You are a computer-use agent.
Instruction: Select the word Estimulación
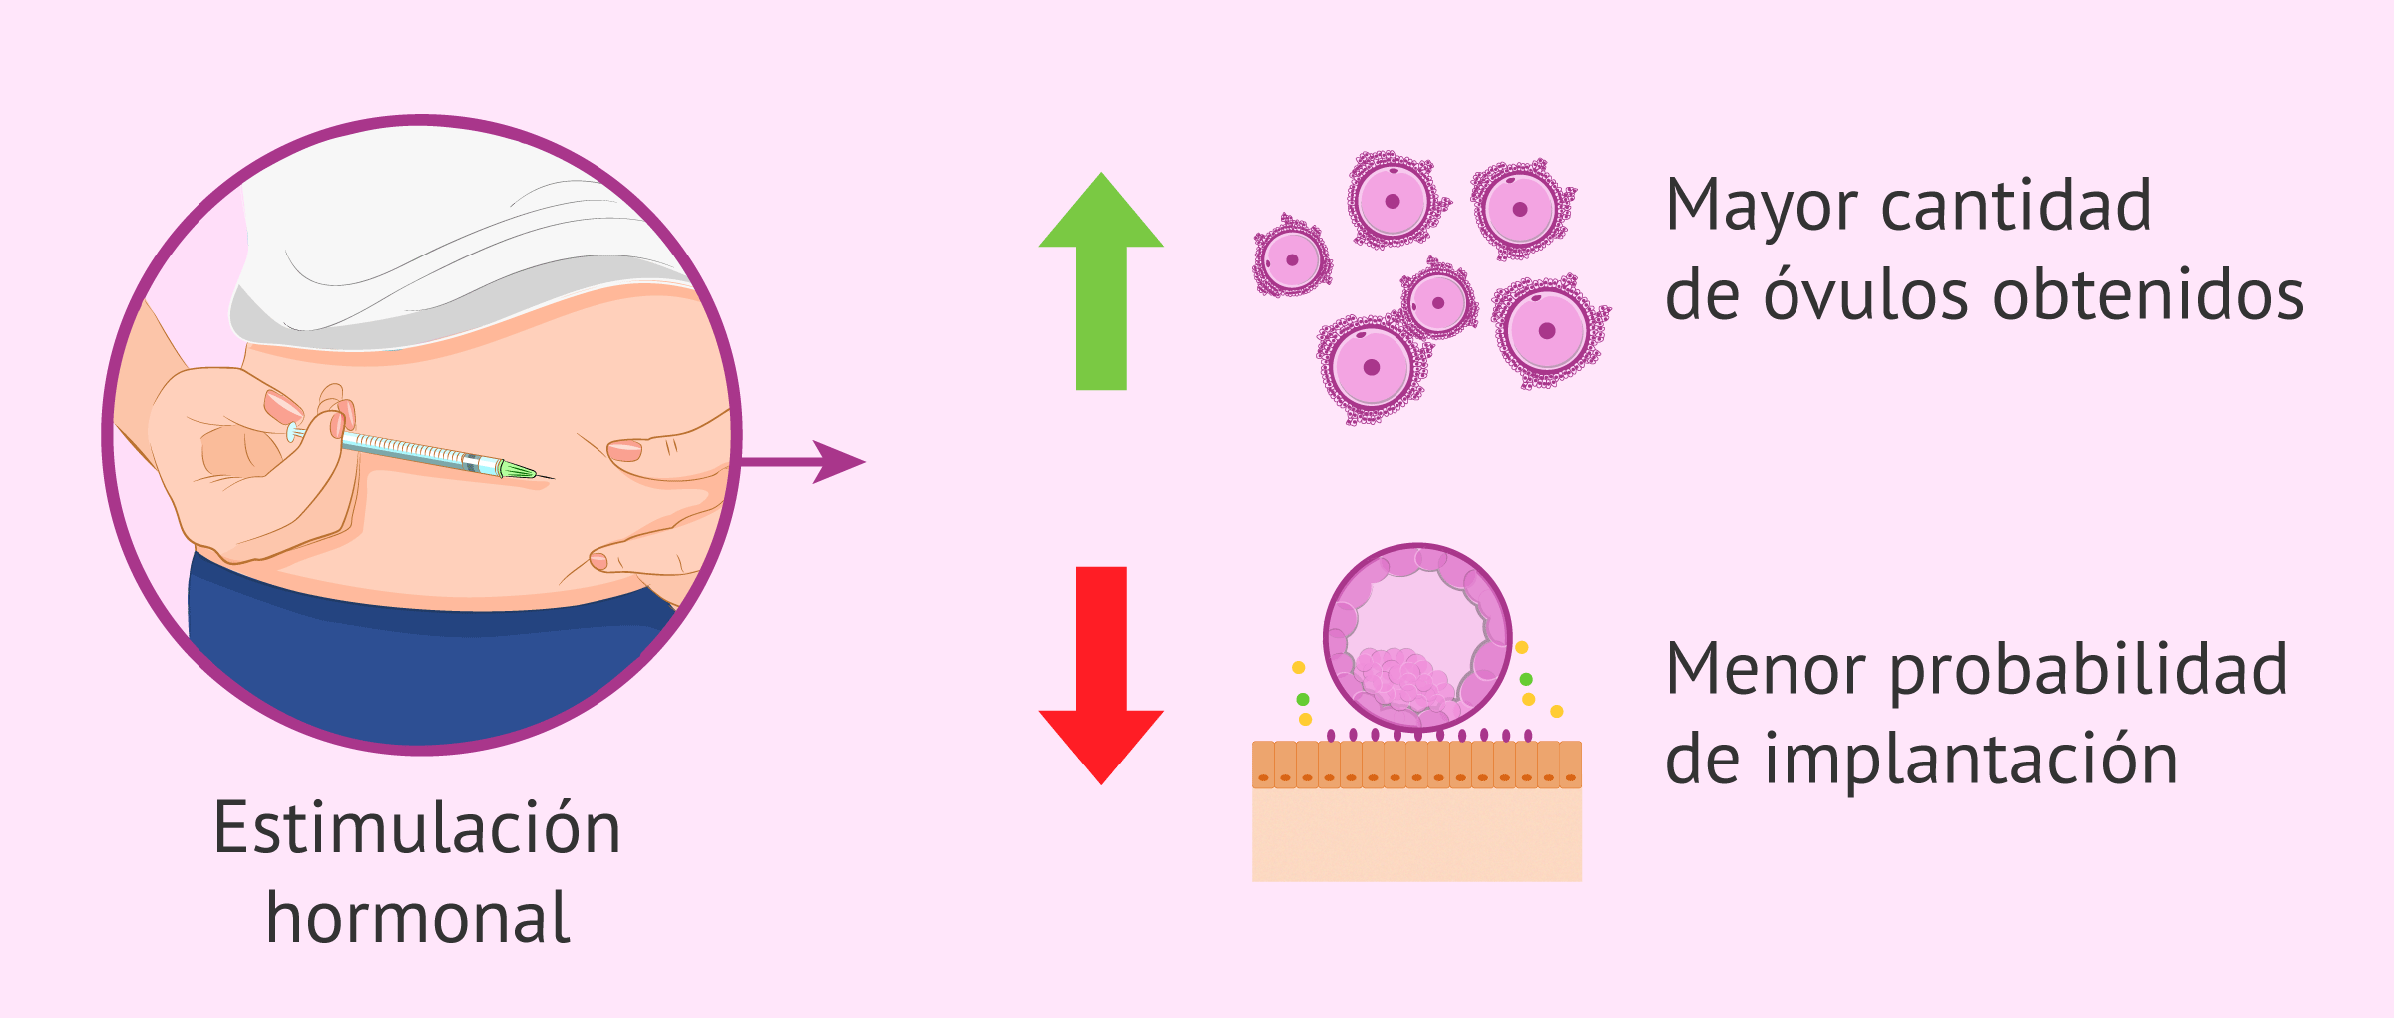click(417, 828)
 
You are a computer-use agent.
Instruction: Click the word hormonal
click(417, 918)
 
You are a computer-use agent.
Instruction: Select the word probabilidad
click(2089, 671)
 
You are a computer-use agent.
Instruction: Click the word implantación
click(1971, 761)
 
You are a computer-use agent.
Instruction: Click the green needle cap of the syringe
click(518, 469)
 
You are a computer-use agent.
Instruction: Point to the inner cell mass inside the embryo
click(1402, 679)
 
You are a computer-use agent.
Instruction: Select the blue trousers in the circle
click(419, 679)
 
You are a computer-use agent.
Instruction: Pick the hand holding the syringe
click(249, 459)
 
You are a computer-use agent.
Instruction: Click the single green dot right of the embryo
click(1526, 680)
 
